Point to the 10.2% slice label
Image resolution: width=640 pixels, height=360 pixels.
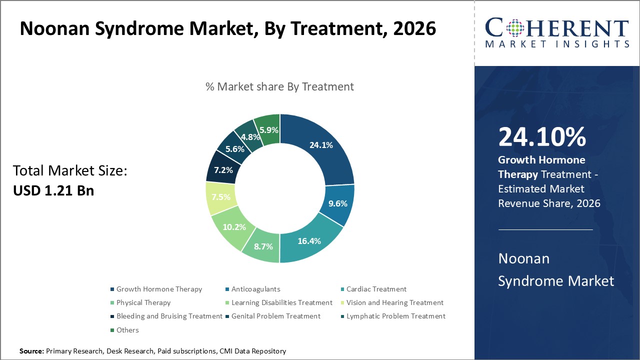(x=234, y=226)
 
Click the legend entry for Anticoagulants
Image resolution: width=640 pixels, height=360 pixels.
(x=255, y=289)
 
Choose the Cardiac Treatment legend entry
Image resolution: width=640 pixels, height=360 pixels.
(x=376, y=289)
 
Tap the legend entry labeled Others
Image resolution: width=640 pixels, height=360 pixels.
(x=127, y=330)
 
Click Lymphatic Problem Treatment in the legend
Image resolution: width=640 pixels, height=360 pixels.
(x=395, y=316)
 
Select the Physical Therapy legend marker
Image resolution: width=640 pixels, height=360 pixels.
(x=112, y=302)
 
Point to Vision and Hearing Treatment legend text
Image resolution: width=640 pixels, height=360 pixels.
(x=394, y=302)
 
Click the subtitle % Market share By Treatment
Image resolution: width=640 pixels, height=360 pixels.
(x=279, y=86)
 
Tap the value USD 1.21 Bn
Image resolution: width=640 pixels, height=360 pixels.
(x=53, y=190)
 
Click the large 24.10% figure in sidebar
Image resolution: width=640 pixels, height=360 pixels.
(x=542, y=136)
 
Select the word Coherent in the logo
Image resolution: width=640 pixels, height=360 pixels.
(x=557, y=28)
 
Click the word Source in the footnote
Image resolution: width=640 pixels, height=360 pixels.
(x=31, y=351)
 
